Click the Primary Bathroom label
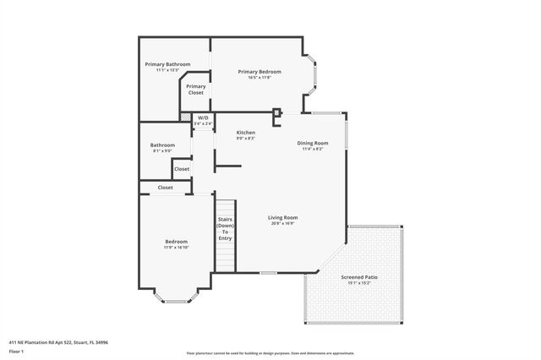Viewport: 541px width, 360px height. pos(167,65)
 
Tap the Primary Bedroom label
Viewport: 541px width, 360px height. pos(260,72)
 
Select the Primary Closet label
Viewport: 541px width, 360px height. pos(196,89)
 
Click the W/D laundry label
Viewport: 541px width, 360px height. pos(203,118)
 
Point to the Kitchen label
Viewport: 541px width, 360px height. pos(246,133)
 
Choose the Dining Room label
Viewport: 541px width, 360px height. pos(312,143)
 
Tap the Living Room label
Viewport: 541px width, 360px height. pos(283,217)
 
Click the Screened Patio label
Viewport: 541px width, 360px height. pos(359,277)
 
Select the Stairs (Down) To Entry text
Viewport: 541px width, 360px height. pos(225,229)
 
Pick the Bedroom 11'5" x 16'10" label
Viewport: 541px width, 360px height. pos(176,242)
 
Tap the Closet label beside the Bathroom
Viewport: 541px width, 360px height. pos(182,169)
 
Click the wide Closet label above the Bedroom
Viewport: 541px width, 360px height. pos(165,188)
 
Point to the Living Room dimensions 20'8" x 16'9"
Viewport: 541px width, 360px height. pos(283,224)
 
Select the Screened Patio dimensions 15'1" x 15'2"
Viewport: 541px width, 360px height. pos(359,284)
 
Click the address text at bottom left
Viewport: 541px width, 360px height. pos(58,342)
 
